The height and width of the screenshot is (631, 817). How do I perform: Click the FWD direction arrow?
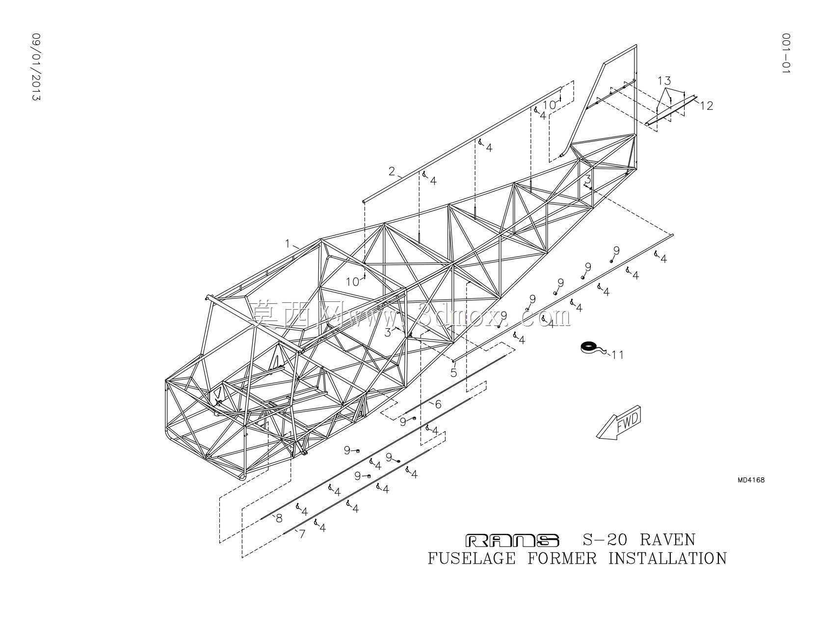click(x=618, y=421)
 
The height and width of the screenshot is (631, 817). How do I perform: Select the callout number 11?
click(x=618, y=354)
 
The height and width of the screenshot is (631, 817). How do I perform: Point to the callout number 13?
click(x=664, y=80)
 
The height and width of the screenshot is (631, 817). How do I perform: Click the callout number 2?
click(x=392, y=171)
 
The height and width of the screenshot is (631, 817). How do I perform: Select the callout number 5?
click(x=453, y=372)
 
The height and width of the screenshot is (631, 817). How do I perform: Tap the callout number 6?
click(x=438, y=404)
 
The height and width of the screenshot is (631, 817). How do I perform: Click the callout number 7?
click(x=302, y=534)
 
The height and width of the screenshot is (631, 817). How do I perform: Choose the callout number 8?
click(x=279, y=518)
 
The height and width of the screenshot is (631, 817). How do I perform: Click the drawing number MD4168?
click(x=751, y=480)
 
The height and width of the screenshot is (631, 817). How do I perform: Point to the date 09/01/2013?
click(x=36, y=67)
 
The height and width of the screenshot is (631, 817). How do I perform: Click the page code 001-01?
click(x=786, y=53)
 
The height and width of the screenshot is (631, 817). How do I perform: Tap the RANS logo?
click(x=512, y=541)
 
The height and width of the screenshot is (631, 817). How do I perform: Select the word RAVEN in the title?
click(x=667, y=540)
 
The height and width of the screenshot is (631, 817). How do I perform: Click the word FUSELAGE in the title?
click(x=472, y=558)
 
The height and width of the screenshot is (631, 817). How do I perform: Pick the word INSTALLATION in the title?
click(x=668, y=558)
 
